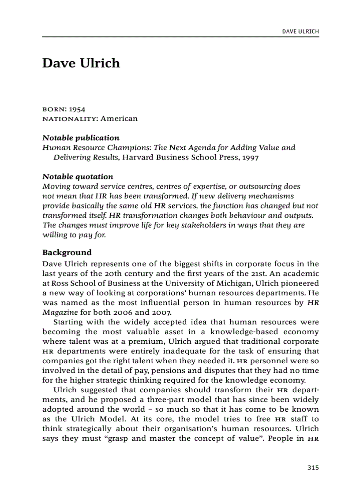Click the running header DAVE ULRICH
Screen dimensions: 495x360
[x=300, y=31]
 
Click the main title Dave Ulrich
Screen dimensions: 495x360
[x=81, y=63]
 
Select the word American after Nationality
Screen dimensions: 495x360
[x=119, y=119]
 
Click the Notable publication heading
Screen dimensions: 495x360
[x=81, y=138]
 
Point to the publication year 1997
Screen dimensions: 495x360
[x=250, y=157]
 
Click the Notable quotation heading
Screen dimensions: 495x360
[x=78, y=177]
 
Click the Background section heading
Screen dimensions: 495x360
[x=67, y=253]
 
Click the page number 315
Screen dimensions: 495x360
[x=312, y=468]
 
